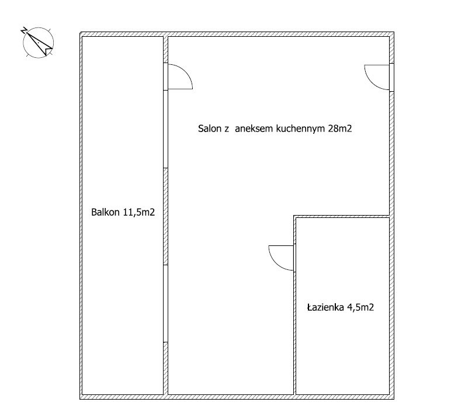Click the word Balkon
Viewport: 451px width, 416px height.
pyautogui.click(x=105, y=212)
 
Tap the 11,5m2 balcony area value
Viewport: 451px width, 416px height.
pyautogui.click(x=139, y=212)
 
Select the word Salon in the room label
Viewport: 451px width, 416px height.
pyautogui.click(x=209, y=129)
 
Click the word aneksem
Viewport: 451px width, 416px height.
pyautogui.click(x=254, y=129)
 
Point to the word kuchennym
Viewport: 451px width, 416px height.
pyautogui.click(x=300, y=129)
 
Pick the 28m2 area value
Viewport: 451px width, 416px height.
pyautogui.click(x=340, y=129)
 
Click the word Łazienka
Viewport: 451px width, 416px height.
pyautogui.click(x=325, y=307)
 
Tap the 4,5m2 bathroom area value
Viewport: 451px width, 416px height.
pyautogui.click(x=360, y=307)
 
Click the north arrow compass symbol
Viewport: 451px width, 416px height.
pyautogui.click(x=38, y=43)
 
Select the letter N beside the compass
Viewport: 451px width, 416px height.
pyautogui.click(x=24, y=30)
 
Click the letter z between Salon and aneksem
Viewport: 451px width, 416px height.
pyautogui.click(x=226, y=129)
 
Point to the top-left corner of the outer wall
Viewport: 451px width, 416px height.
pyautogui.click(x=80, y=32)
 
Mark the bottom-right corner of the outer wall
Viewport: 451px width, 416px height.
pyautogui.click(x=394, y=399)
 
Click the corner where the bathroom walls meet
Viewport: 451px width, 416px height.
pyautogui.click(x=294, y=216)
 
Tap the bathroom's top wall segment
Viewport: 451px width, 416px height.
pyautogui.click(x=342, y=216)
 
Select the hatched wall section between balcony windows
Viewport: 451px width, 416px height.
pyautogui.click(x=166, y=216)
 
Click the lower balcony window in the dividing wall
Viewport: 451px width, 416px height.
pyautogui.click(x=166, y=303)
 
